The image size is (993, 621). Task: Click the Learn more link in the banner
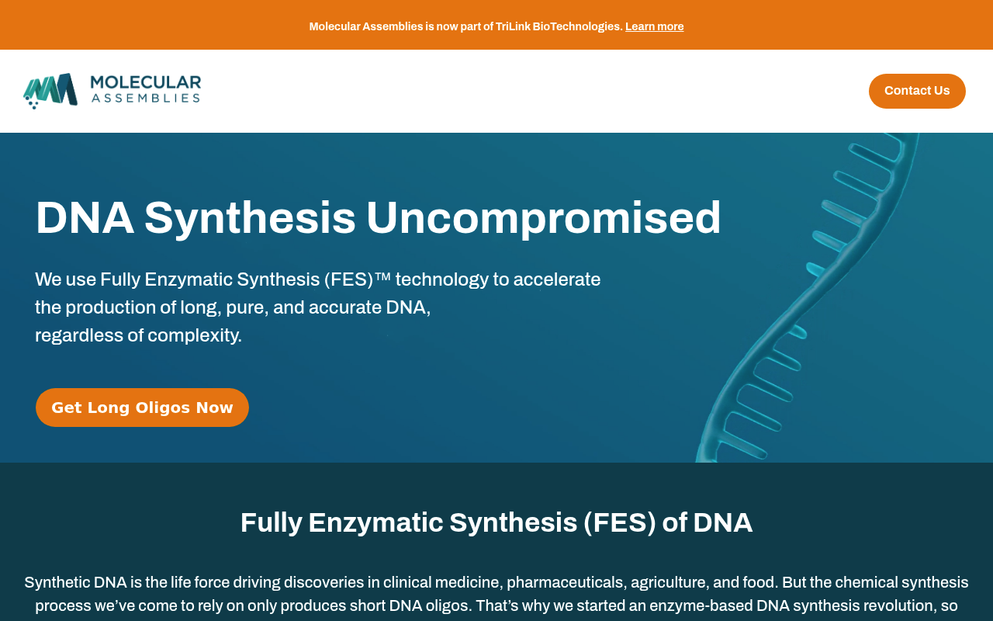click(654, 26)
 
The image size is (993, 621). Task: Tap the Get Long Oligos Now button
click(142, 408)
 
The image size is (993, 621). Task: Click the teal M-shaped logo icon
click(50, 91)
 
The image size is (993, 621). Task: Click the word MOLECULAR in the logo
click(146, 82)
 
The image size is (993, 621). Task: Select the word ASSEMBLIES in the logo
click(146, 98)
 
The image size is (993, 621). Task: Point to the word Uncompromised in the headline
click(544, 218)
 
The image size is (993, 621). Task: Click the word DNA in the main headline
click(85, 218)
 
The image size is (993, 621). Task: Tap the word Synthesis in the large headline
click(250, 218)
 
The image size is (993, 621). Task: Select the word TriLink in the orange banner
click(513, 26)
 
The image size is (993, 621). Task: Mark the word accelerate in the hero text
click(557, 279)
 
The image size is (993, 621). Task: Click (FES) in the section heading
click(619, 522)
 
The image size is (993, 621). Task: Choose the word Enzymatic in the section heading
click(376, 522)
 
